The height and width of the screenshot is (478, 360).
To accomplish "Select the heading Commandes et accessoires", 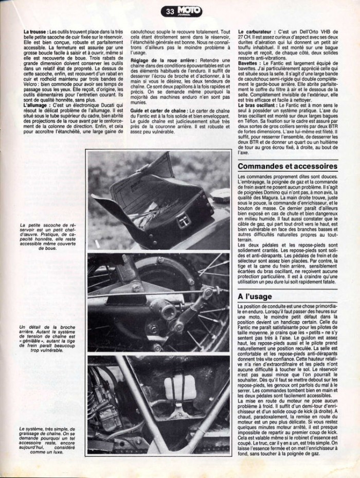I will (288, 166).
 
